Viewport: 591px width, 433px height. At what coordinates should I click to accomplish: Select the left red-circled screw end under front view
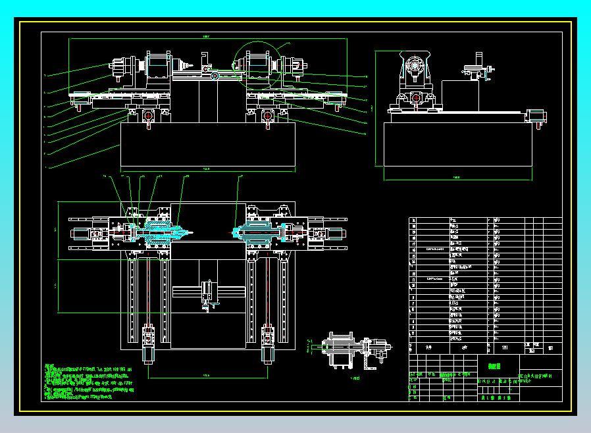click(147, 116)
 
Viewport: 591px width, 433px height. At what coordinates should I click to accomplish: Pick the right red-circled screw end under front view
click(268, 116)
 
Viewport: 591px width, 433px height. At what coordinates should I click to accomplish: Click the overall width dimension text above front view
click(206, 36)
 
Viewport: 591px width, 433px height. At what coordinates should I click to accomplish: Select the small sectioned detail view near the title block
click(347, 352)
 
